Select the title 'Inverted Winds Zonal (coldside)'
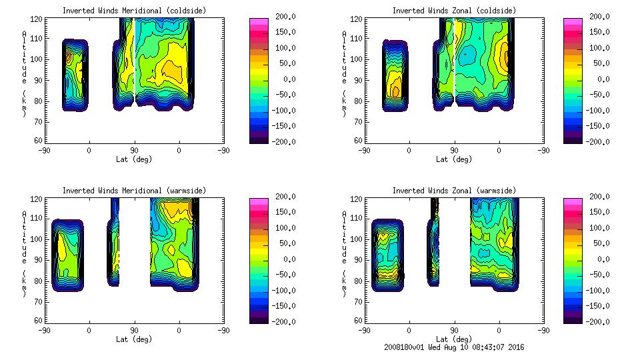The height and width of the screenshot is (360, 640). pyautogui.click(x=454, y=11)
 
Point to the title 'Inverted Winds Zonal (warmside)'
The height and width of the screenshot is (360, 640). pyautogui.click(x=454, y=191)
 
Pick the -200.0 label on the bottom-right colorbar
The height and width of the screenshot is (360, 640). pyautogui.click(x=599, y=322)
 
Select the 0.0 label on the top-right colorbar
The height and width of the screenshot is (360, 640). pyautogui.click(x=603, y=79)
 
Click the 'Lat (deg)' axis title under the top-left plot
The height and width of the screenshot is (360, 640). pyautogui.click(x=134, y=159)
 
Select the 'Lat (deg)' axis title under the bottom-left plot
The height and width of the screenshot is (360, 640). pyautogui.click(x=134, y=339)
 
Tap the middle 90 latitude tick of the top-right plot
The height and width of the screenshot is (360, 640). pyautogui.click(x=454, y=151)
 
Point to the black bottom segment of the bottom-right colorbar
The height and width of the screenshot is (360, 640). pyautogui.click(x=573, y=318)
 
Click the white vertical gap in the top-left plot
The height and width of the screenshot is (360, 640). pyautogui.click(x=135, y=57)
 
